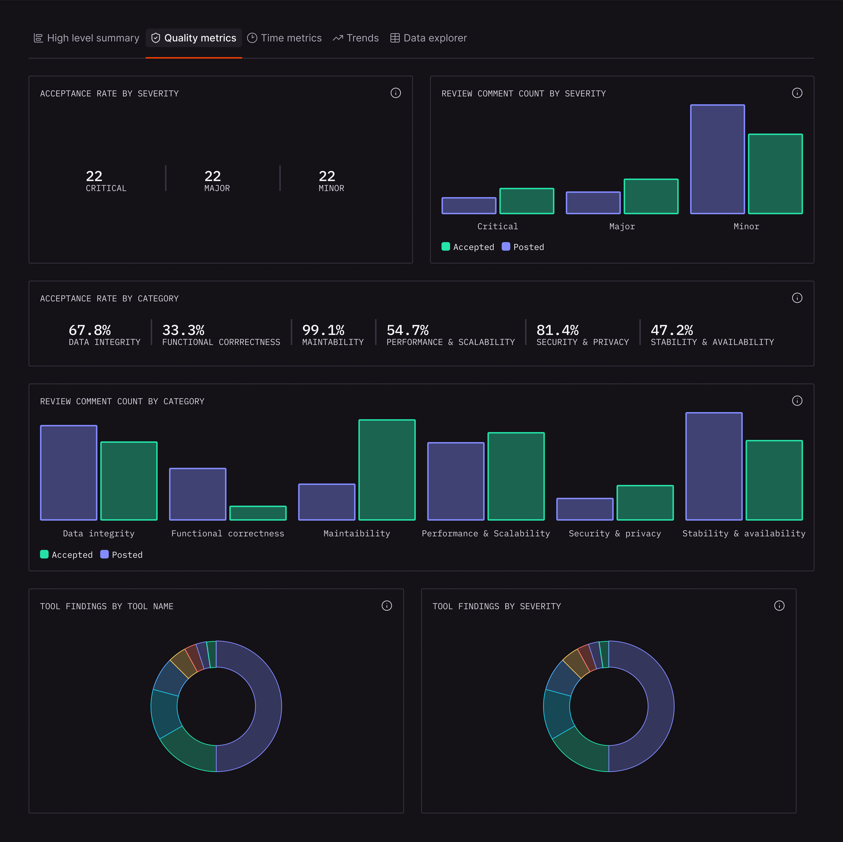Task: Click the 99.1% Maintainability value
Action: pyautogui.click(x=323, y=330)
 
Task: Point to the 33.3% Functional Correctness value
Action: pyautogui.click(x=183, y=330)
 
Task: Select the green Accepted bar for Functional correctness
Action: pyautogui.click(x=258, y=513)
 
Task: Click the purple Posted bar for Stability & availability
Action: pyautogui.click(x=714, y=466)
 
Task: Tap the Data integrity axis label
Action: pyautogui.click(x=99, y=533)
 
